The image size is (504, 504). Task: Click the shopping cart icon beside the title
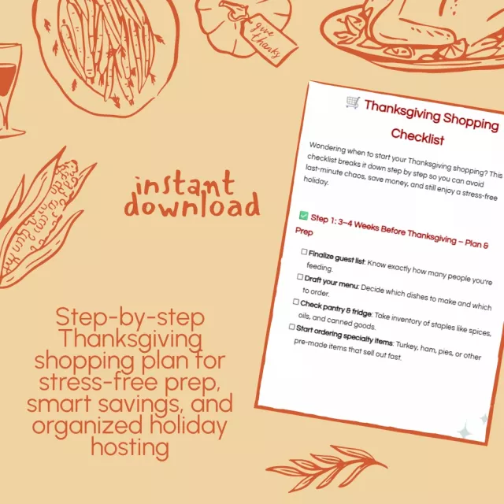(x=353, y=102)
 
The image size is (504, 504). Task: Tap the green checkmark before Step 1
(x=303, y=215)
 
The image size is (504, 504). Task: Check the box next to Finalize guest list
(x=304, y=251)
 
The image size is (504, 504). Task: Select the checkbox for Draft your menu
(x=300, y=276)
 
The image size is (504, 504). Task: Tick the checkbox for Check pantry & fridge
(x=296, y=302)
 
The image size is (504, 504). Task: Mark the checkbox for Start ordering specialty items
(x=291, y=327)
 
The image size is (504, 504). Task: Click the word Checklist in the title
(x=417, y=136)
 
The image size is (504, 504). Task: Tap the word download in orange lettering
(x=192, y=205)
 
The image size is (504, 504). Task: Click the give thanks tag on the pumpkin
(x=267, y=39)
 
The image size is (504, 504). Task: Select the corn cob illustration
(x=42, y=219)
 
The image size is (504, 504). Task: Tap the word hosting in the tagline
(x=130, y=447)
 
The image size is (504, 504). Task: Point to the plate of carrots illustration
(x=106, y=54)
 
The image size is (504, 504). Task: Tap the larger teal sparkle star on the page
(x=464, y=430)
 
